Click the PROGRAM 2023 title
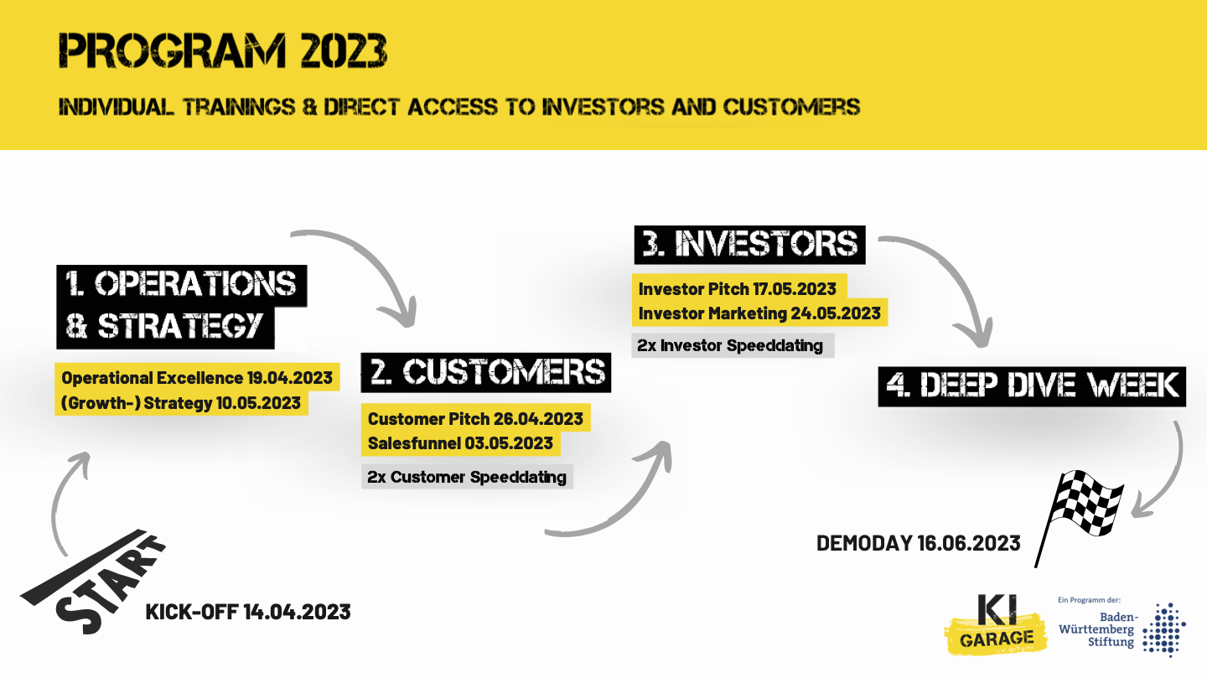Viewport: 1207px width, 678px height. (x=223, y=50)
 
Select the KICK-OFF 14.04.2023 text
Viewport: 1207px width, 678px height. (x=248, y=613)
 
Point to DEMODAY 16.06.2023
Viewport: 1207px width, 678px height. (x=918, y=543)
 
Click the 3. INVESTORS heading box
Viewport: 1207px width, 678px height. (x=749, y=245)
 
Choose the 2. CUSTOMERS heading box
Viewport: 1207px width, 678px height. (x=486, y=372)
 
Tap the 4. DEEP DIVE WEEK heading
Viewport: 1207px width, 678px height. (x=1032, y=386)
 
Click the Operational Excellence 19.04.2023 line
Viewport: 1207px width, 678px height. (x=197, y=378)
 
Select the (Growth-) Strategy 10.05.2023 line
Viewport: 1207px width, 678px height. (x=181, y=403)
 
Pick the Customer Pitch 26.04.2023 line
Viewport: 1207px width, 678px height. (x=475, y=419)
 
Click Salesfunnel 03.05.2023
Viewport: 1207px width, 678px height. (x=460, y=443)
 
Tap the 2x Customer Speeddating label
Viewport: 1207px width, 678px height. (x=467, y=477)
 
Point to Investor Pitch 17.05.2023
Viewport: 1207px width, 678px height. (x=737, y=289)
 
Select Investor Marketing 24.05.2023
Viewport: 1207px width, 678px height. (x=759, y=313)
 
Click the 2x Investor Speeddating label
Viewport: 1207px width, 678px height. (x=730, y=345)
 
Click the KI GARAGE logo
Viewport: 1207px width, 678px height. (x=995, y=624)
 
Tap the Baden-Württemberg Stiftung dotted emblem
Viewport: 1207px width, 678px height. (x=1164, y=629)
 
